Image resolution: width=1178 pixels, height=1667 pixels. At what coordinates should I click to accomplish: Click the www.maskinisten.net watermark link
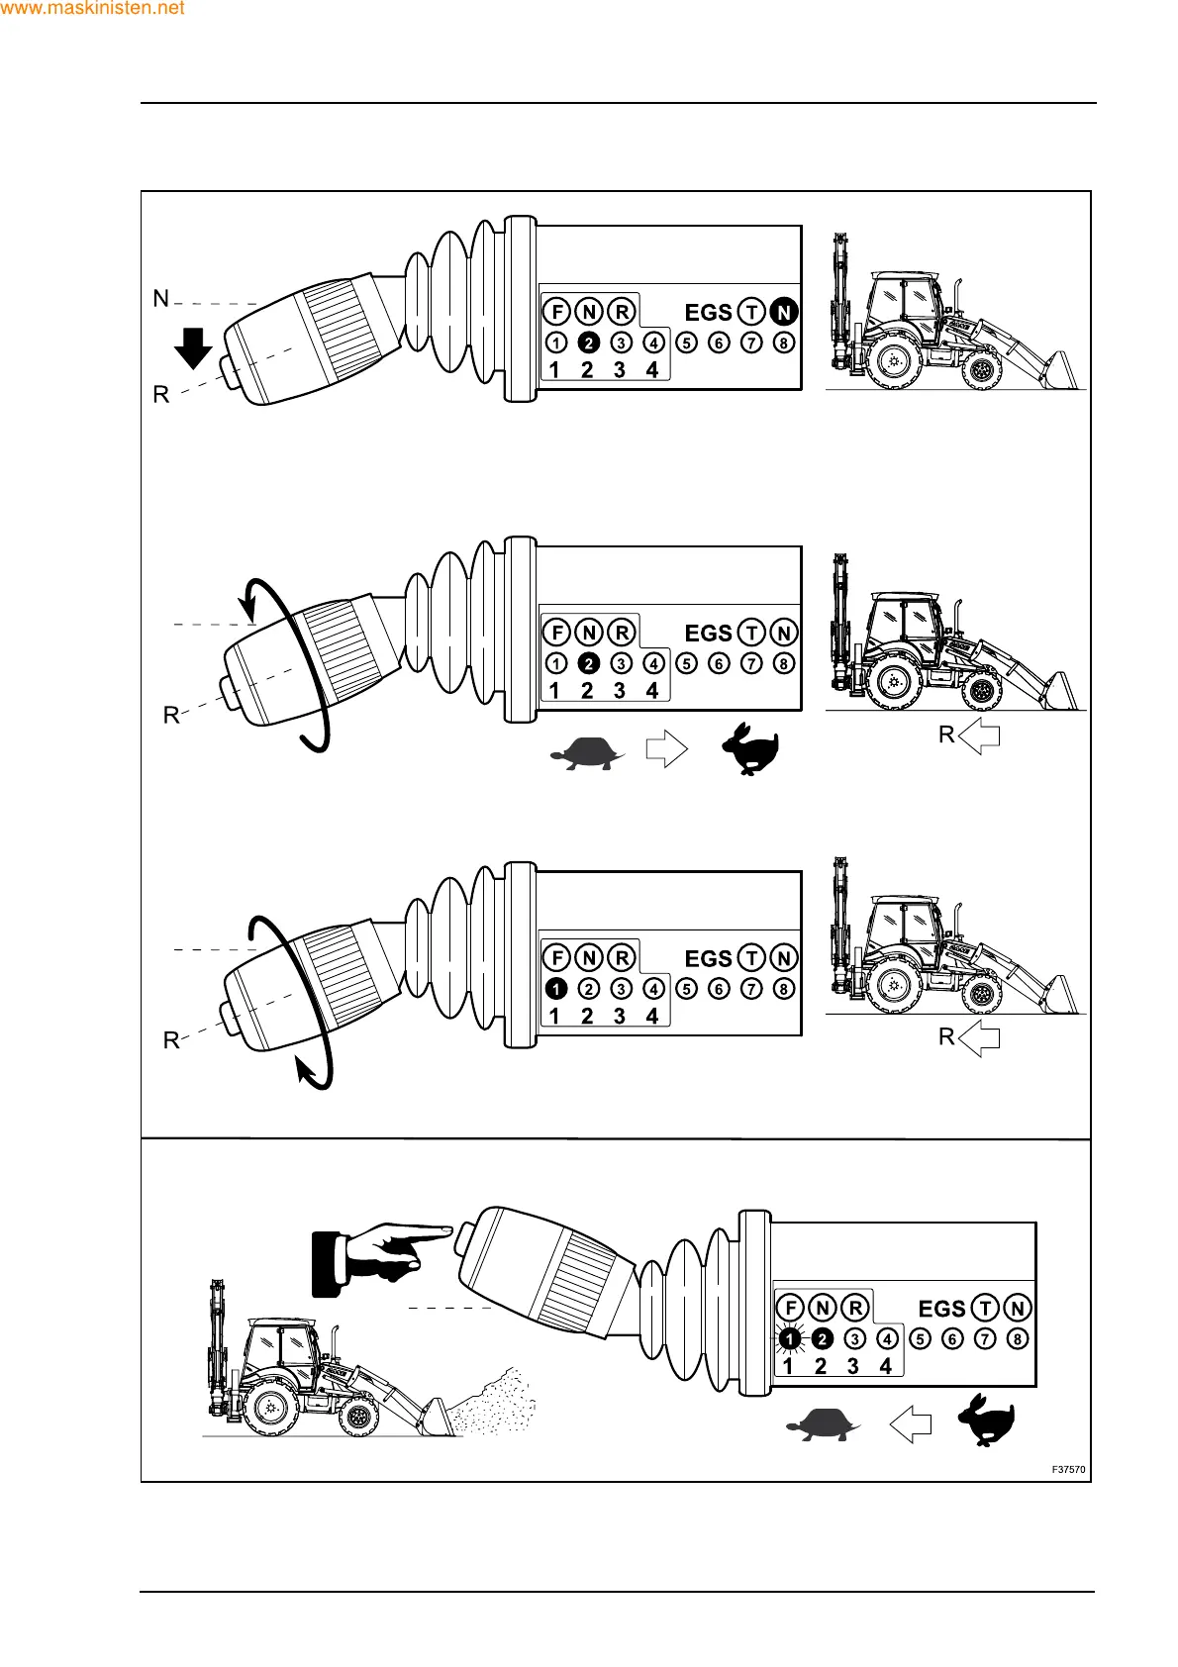click(x=93, y=9)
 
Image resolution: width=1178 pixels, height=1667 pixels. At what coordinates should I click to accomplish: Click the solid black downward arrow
click(x=193, y=347)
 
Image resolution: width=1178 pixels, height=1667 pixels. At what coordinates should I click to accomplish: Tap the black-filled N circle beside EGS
click(x=784, y=312)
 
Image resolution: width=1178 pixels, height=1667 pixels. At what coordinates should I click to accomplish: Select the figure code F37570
click(x=1068, y=1470)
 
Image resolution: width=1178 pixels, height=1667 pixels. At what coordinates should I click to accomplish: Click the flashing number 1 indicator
click(x=789, y=1339)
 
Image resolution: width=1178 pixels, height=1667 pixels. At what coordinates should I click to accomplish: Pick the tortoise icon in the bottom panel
click(x=822, y=1425)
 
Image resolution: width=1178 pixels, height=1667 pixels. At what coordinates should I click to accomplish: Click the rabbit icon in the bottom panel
click(x=985, y=1421)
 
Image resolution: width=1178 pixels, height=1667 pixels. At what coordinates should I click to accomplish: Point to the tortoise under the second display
click(x=586, y=752)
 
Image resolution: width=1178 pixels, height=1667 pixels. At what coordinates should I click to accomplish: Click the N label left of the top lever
click(x=161, y=298)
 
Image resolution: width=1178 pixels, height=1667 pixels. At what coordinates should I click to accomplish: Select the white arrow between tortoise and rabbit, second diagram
click(x=666, y=748)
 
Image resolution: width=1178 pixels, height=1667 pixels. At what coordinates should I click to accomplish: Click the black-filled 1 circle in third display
click(x=556, y=988)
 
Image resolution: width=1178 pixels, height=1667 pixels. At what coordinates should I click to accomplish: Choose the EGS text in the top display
click(x=708, y=313)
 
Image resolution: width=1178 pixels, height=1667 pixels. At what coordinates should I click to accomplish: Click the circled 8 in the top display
click(x=784, y=343)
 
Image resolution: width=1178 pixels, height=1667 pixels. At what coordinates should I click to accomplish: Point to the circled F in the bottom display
click(x=790, y=1308)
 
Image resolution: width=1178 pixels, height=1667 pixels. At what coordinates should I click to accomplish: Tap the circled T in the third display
click(x=752, y=958)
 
